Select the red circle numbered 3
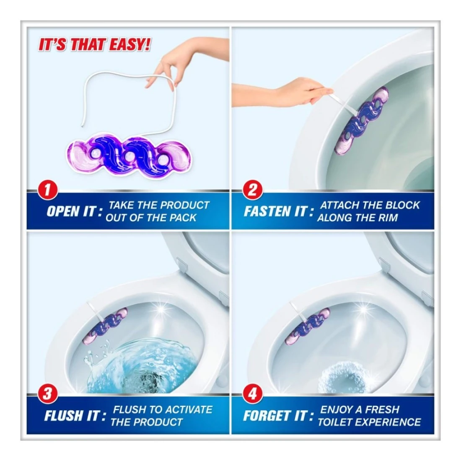tap(47, 394)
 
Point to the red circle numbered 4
tap(252, 394)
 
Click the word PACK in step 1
tap(183, 218)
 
